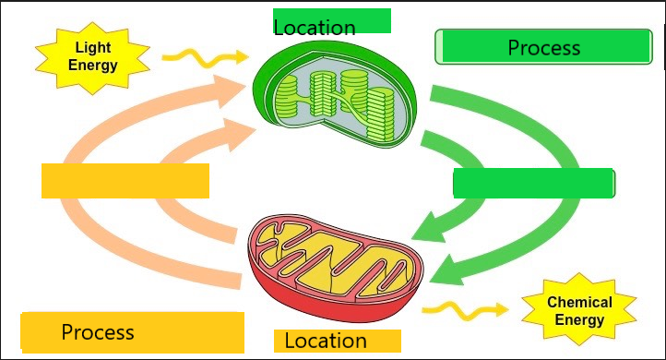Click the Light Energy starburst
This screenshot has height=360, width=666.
[92, 58]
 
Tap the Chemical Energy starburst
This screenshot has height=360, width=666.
[579, 310]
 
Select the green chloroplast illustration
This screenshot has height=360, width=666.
[335, 94]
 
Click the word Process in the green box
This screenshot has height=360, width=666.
[544, 48]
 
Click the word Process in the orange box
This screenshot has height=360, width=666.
[98, 332]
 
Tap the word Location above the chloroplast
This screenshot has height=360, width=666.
[315, 28]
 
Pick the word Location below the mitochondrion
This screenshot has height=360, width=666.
[326, 341]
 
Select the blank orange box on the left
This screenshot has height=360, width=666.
[125, 181]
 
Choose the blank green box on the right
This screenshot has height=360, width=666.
[534, 183]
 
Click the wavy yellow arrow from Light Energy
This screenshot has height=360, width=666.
[205, 58]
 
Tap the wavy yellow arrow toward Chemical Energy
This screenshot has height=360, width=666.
[465, 310]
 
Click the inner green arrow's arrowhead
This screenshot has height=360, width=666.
[429, 227]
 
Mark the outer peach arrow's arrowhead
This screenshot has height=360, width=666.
[230, 90]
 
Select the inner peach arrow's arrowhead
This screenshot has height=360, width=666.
[239, 134]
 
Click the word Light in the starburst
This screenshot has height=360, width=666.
[93, 48]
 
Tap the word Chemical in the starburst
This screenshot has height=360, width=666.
[579, 302]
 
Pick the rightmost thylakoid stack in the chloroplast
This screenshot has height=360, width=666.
[381, 114]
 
